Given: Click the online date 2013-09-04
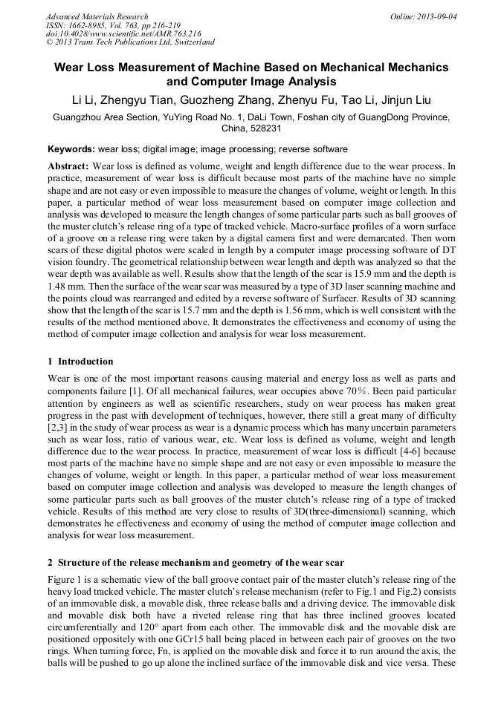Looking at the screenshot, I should (436, 16).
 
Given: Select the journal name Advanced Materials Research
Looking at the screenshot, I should (97, 16).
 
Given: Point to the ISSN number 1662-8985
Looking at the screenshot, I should (97, 25).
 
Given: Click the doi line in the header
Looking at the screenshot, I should (123, 34).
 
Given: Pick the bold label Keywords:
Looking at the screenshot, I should (71, 149).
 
